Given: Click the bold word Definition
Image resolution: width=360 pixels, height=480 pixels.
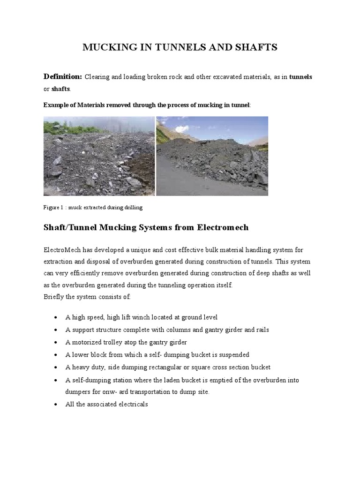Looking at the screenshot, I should point(63,76).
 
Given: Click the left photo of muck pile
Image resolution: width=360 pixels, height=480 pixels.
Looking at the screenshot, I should point(99,156).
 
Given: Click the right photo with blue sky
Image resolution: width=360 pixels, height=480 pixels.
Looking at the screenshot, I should point(212,156).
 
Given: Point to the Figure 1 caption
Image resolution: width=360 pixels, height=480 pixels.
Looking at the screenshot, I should point(93,207).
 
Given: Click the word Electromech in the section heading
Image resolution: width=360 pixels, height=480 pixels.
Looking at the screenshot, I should point(223,228).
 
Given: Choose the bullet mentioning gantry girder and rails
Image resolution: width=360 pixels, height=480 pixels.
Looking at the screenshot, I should point(167,330).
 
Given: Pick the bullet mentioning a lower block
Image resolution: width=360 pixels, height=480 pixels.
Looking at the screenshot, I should point(157,354).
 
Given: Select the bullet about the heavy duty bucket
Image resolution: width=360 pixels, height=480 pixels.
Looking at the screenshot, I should point(168,367).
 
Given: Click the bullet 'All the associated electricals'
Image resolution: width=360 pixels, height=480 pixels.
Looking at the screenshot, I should point(106,404).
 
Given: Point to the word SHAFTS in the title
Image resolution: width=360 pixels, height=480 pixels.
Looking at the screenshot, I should point(257,47).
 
